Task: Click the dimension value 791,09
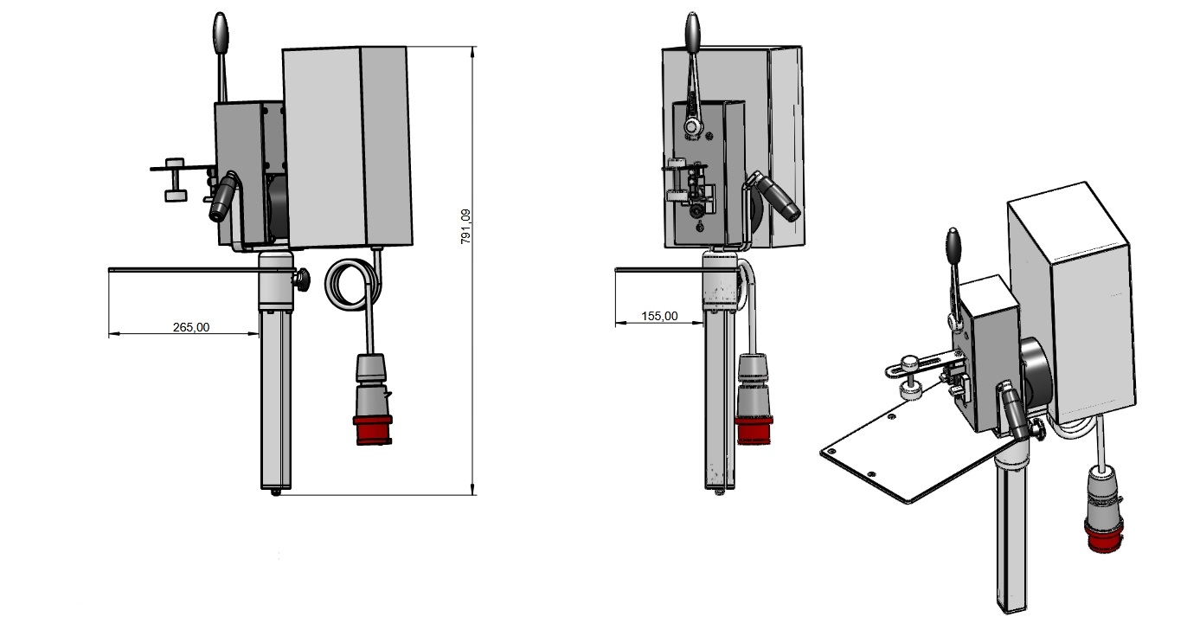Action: point(465,227)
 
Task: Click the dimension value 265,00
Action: point(190,327)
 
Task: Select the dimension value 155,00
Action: point(659,316)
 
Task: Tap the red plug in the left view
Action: point(373,430)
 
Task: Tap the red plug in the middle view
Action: point(754,430)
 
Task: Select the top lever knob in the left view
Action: point(221,33)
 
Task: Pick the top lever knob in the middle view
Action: point(692,33)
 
